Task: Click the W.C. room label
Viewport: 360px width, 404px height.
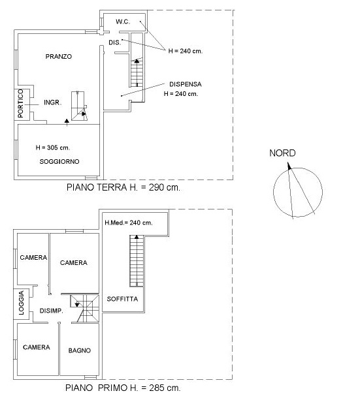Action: tap(123, 22)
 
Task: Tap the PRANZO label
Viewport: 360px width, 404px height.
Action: tap(59, 56)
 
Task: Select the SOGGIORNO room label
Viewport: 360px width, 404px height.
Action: tap(59, 162)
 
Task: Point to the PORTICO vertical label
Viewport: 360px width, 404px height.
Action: tap(21, 104)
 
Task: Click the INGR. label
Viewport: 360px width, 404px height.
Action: tap(53, 102)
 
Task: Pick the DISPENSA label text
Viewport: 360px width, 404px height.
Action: tap(186, 84)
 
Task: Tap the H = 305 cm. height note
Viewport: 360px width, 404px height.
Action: tap(53, 148)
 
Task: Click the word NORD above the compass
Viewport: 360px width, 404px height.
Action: tap(282, 153)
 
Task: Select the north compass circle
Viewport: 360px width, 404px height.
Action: tap(273, 192)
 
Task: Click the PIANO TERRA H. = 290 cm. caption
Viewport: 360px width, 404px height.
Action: tap(123, 187)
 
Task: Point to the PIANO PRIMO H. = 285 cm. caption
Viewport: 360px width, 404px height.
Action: tap(123, 388)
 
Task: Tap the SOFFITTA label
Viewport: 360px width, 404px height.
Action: tap(122, 299)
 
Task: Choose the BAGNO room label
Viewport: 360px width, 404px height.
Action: tap(80, 350)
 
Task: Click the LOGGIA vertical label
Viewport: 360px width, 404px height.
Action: tap(21, 303)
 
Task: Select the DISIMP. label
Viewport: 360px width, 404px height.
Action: tap(52, 311)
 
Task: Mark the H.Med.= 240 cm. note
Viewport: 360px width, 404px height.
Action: tap(129, 223)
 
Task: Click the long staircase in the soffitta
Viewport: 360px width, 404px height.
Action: tap(137, 261)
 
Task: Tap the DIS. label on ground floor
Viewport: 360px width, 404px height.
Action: tap(115, 42)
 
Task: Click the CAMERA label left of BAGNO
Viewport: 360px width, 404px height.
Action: tap(37, 347)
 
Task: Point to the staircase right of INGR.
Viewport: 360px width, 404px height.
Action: tap(79, 106)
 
